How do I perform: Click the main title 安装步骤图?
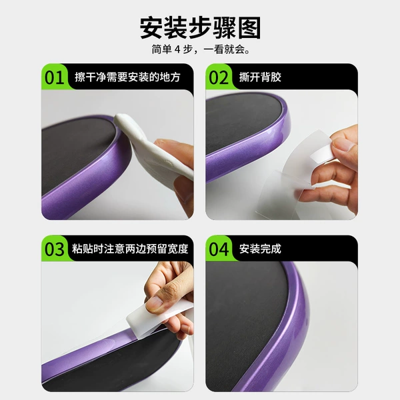(200, 28)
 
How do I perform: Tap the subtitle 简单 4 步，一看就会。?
(200, 49)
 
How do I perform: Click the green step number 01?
(55, 77)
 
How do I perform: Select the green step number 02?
(219, 77)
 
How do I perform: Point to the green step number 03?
(55, 249)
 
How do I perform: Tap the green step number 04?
(219, 249)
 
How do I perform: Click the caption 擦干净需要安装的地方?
(127, 77)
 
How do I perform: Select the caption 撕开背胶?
(260, 77)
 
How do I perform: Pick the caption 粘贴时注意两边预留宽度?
(130, 249)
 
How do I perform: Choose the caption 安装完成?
(260, 249)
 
